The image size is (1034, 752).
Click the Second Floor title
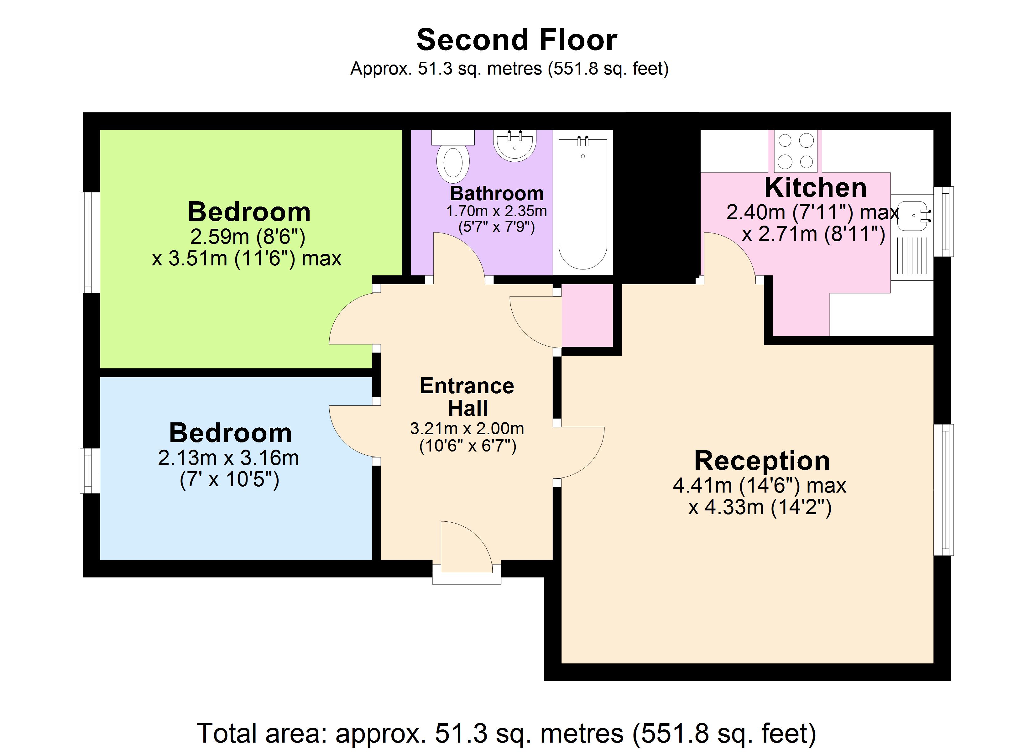click(x=517, y=40)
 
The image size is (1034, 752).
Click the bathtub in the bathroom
click(x=583, y=203)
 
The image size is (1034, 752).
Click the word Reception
click(x=761, y=461)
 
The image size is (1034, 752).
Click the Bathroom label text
click(x=497, y=193)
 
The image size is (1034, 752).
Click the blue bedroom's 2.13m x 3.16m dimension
click(x=228, y=458)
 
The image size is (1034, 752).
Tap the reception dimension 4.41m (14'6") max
click(x=760, y=485)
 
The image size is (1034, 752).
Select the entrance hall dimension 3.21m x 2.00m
click(x=467, y=428)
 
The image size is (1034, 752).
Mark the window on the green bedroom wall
click(x=90, y=242)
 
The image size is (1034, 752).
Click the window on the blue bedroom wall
click(x=90, y=471)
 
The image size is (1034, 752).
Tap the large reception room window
click(x=943, y=490)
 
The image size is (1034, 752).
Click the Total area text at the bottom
click(x=506, y=733)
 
